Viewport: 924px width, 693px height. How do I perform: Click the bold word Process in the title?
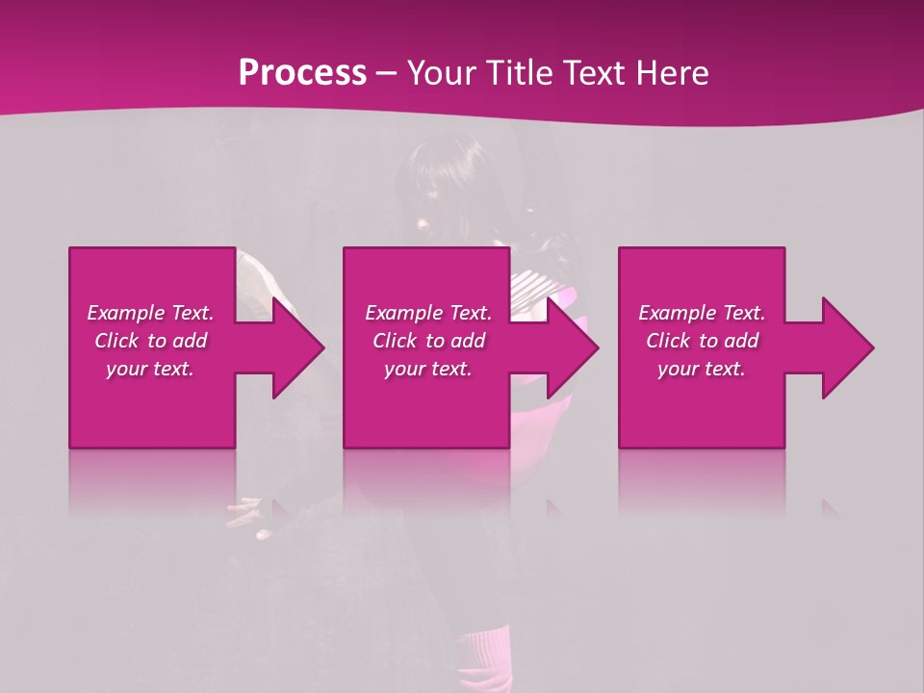[x=302, y=73]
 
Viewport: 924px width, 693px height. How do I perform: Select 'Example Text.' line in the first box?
[x=150, y=313]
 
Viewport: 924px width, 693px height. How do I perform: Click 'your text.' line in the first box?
[x=150, y=369]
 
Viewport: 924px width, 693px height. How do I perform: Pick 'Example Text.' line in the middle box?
[x=428, y=313]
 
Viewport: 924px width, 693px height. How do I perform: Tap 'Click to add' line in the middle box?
[x=428, y=341]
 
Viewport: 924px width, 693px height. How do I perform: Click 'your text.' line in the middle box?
[x=428, y=369]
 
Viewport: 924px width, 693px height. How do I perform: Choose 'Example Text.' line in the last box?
[x=702, y=313]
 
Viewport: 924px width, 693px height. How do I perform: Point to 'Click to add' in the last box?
[x=702, y=341]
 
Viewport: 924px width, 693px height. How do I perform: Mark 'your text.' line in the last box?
[x=702, y=369]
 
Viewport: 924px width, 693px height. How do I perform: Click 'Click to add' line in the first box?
[x=150, y=341]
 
